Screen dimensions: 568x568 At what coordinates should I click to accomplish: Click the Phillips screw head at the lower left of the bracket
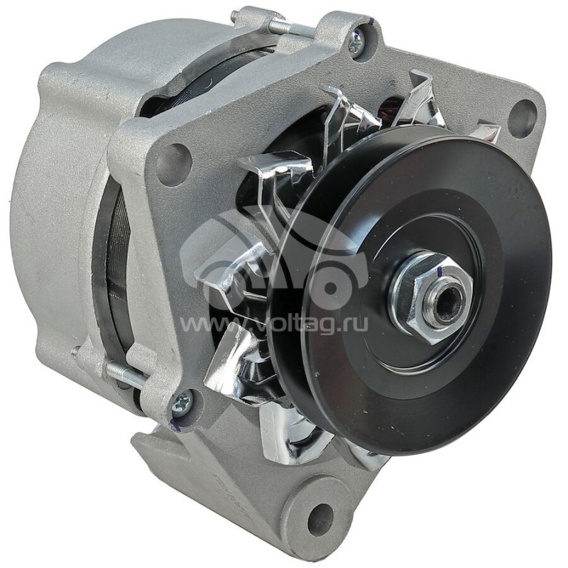tap(181, 403)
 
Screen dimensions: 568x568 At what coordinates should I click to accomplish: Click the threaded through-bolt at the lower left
tap(125, 374)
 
